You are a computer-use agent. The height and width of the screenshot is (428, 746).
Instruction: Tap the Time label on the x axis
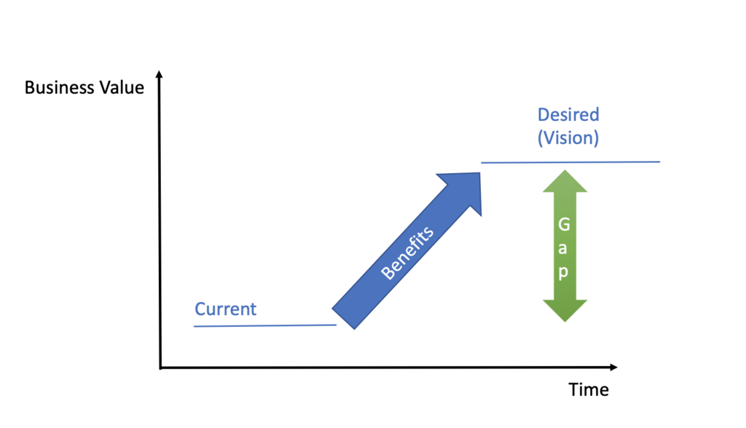(589, 390)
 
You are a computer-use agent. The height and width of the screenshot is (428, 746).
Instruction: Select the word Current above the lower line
(226, 309)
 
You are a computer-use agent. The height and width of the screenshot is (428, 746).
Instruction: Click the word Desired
(568, 115)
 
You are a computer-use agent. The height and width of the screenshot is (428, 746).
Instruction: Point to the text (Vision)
(568, 138)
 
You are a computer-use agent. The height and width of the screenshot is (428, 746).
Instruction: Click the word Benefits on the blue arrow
(408, 253)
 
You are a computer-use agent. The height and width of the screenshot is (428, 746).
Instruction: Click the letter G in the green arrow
(565, 226)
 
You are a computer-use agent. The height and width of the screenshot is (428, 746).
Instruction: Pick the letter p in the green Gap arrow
(565, 274)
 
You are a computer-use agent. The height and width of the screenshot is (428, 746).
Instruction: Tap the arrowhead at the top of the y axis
(160, 74)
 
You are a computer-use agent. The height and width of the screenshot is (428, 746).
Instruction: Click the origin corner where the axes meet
(160, 368)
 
